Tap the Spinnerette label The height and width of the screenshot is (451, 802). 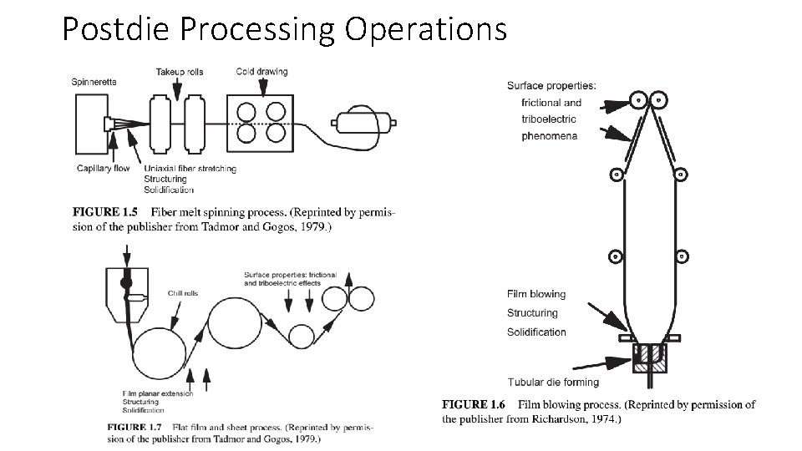(x=96, y=81)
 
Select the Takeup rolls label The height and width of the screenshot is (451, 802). (x=180, y=72)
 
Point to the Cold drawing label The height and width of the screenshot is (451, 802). (x=261, y=72)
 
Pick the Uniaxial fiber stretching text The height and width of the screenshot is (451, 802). (x=190, y=169)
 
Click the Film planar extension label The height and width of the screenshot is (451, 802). (x=158, y=393)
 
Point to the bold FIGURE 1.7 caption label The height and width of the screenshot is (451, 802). (x=125, y=428)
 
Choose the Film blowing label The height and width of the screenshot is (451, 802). (x=536, y=294)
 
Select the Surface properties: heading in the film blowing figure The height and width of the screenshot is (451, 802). (x=551, y=85)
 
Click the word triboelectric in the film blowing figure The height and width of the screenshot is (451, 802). (x=548, y=119)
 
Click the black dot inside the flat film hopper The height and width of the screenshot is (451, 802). (x=127, y=283)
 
